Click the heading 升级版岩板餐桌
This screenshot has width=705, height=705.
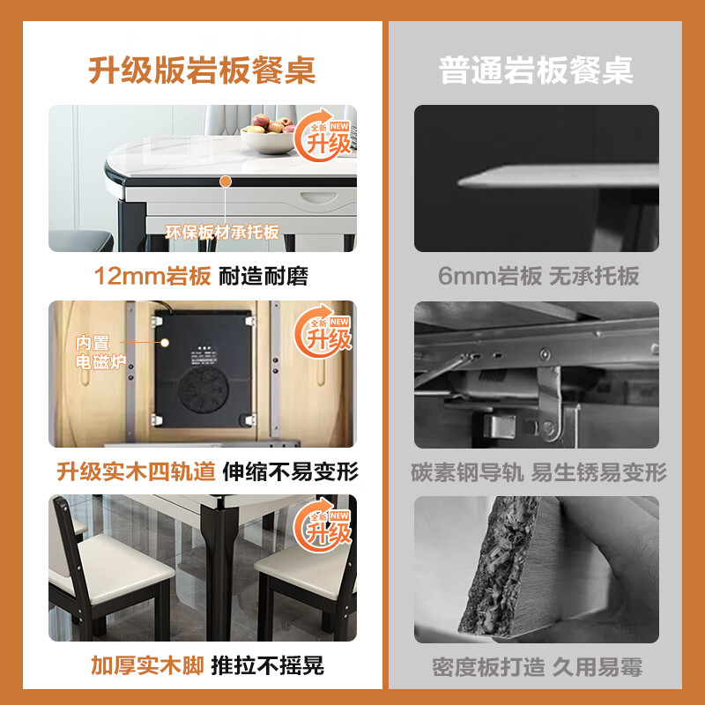[202, 69]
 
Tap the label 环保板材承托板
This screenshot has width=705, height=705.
[222, 233]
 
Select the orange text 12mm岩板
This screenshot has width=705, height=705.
[152, 276]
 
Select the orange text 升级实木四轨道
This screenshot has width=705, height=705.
[136, 471]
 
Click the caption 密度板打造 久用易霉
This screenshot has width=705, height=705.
[537, 665]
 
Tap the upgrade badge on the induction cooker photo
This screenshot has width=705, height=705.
[328, 332]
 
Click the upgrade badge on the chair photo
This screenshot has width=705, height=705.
[328, 526]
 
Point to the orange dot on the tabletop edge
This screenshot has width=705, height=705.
[226, 181]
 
